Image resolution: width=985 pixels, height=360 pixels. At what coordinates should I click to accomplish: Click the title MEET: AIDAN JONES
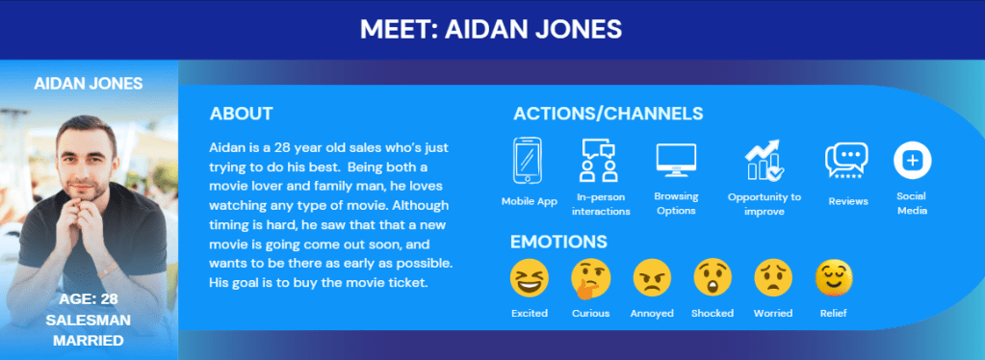[491, 29]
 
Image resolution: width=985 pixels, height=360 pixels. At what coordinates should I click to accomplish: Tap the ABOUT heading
[242, 114]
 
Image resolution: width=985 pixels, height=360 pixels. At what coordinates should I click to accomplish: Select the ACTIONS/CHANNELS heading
[609, 114]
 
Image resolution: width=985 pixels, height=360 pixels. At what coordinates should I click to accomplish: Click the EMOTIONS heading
[558, 242]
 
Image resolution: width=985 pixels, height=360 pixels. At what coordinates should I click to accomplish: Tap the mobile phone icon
[527, 160]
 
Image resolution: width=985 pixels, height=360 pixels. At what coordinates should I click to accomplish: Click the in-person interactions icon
[598, 160]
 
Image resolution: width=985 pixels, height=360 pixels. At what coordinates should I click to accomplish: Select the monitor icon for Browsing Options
[676, 160]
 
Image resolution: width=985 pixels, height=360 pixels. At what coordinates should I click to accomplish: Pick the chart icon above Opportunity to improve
[764, 160]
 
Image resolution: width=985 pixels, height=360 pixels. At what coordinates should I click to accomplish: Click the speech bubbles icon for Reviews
[846, 160]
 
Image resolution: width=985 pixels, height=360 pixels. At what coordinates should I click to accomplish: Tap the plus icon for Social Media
[912, 160]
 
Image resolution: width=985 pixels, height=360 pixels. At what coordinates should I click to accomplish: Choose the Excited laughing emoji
[529, 277]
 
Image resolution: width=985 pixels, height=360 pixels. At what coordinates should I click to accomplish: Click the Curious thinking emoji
[590, 278]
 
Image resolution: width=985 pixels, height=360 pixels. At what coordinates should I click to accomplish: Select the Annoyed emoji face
[652, 277]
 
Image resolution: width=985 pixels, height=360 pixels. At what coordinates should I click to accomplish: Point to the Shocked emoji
[713, 277]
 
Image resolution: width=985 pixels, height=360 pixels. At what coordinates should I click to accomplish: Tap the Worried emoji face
[772, 277]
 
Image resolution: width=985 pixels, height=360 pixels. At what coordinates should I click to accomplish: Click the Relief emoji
[834, 277]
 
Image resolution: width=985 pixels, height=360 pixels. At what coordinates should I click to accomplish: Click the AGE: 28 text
[89, 299]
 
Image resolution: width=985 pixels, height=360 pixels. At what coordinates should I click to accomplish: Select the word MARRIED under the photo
[88, 341]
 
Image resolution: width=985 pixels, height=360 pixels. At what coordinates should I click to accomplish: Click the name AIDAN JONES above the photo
[89, 84]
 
